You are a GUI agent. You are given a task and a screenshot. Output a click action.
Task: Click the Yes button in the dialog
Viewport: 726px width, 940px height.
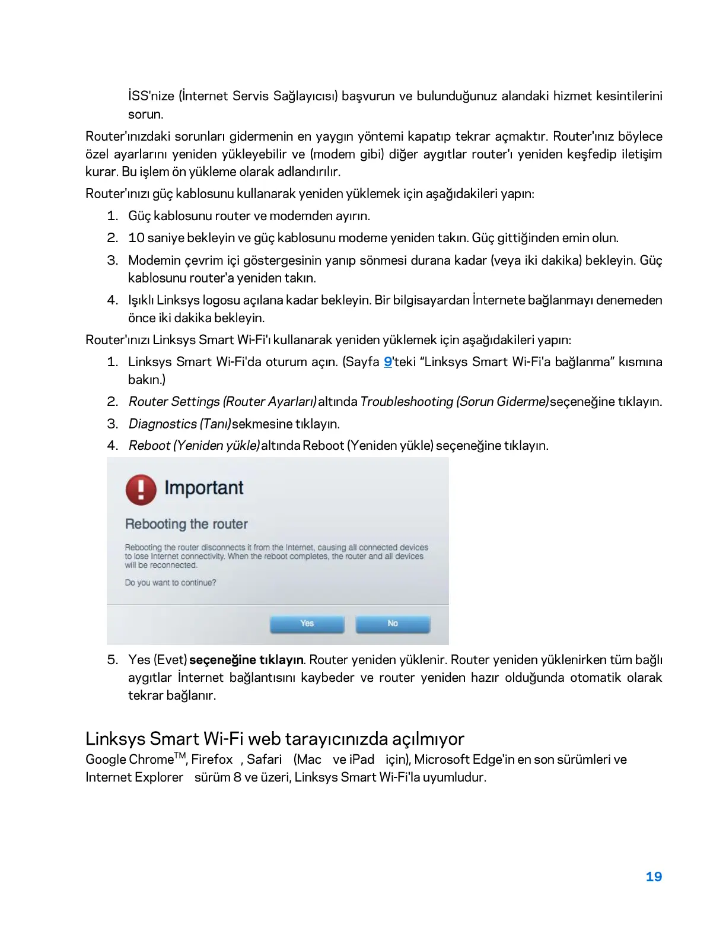pyautogui.click(x=307, y=624)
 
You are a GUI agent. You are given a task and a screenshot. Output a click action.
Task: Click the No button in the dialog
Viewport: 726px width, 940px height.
pyautogui.click(x=393, y=624)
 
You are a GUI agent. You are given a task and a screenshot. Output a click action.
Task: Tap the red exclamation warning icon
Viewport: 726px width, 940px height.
pyautogui.click(x=141, y=490)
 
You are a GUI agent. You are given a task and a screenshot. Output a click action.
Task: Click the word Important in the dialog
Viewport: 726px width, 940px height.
pyautogui.click(x=203, y=488)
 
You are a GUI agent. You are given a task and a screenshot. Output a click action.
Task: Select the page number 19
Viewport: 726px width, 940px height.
pyautogui.click(x=654, y=877)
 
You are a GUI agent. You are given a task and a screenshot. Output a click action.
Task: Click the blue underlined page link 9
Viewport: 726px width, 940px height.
pyautogui.click(x=388, y=362)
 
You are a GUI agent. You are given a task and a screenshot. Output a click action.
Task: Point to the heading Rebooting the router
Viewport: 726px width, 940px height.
pyautogui.click(x=186, y=524)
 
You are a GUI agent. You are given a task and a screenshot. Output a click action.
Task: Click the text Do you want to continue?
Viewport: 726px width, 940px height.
pyautogui.click(x=170, y=583)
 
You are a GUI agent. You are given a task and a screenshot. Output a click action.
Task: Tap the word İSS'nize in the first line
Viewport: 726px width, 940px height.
pyautogui.click(x=151, y=96)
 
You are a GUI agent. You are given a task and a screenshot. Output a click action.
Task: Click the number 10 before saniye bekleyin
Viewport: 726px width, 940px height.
pyautogui.click(x=136, y=238)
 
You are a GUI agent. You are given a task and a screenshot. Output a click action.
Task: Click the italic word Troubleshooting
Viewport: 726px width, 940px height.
pyautogui.click(x=406, y=402)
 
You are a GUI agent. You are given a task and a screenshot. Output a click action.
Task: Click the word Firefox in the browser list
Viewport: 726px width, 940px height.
pyautogui.click(x=212, y=760)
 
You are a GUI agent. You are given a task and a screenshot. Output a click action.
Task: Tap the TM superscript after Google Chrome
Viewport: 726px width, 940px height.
pyautogui.click(x=180, y=755)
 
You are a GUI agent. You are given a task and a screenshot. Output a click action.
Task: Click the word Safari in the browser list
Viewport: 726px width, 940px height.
pyautogui.click(x=264, y=760)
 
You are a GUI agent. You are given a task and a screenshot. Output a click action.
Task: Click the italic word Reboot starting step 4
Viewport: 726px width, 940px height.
pyautogui.click(x=149, y=446)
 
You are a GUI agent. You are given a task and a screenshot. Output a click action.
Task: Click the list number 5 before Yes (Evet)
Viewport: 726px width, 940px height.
pyautogui.click(x=112, y=660)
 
